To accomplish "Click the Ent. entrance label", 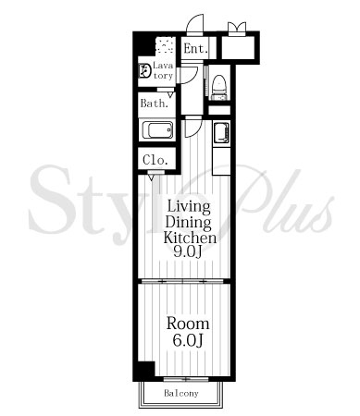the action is [195, 48].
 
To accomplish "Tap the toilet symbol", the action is [219, 88].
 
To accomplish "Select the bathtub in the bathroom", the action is [157, 129].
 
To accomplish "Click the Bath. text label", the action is [155, 104].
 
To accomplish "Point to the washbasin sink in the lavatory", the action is [144, 70].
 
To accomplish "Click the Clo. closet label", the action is [155, 160].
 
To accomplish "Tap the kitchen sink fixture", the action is [221, 133].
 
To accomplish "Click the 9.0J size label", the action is [188, 252].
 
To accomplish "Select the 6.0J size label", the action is [187, 340].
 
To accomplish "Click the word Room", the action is [188, 324].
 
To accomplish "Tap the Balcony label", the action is [181, 393].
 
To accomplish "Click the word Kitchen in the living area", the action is [190, 238].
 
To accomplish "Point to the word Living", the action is [189, 206].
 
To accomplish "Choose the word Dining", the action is [189, 222].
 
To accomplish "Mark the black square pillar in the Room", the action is [146, 369].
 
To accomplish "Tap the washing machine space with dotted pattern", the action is [166, 46].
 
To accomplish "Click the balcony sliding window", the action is [186, 379].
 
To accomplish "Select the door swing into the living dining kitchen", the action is [193, 127].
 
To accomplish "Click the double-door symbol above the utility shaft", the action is [237, 28].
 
